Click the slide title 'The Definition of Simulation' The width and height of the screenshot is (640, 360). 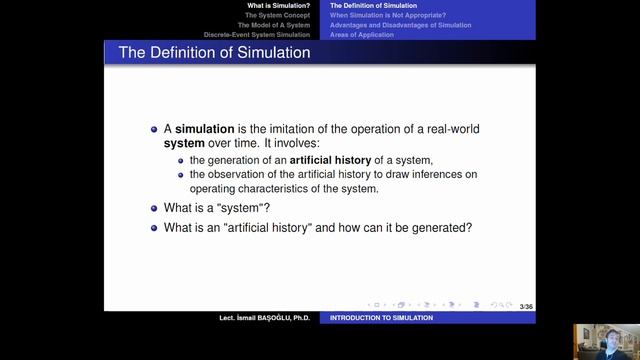coord(214,52)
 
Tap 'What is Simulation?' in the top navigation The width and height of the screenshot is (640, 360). coord(279,6)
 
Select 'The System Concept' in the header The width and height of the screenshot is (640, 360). coord(275,15)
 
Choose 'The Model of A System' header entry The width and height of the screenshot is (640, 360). coord(271,25)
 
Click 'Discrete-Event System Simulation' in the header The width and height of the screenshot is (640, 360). coord(257,35)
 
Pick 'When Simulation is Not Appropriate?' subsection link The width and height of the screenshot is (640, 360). coord(388,15)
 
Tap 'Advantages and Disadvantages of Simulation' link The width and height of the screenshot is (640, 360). coord(401,25)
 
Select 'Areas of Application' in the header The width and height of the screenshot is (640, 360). coord(362,35)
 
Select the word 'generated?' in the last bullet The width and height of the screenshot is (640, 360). coord(444,227)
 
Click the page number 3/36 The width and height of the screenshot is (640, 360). coord(526,304)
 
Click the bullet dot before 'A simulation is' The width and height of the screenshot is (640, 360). coord(154,129)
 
